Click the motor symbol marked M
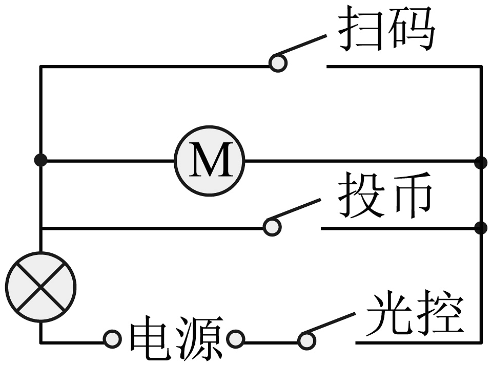(210, 161)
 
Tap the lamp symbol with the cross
(40, 287)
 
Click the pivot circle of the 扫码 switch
(278, 63)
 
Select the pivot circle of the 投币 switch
(272, 227)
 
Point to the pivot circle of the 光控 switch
(306, 339)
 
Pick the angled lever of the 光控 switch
(331, 323)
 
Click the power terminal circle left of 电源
(112, 339)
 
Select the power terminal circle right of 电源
(235, 339)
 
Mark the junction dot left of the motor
(40, 160)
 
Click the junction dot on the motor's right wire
(481, 162)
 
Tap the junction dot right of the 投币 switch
(481, 228)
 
